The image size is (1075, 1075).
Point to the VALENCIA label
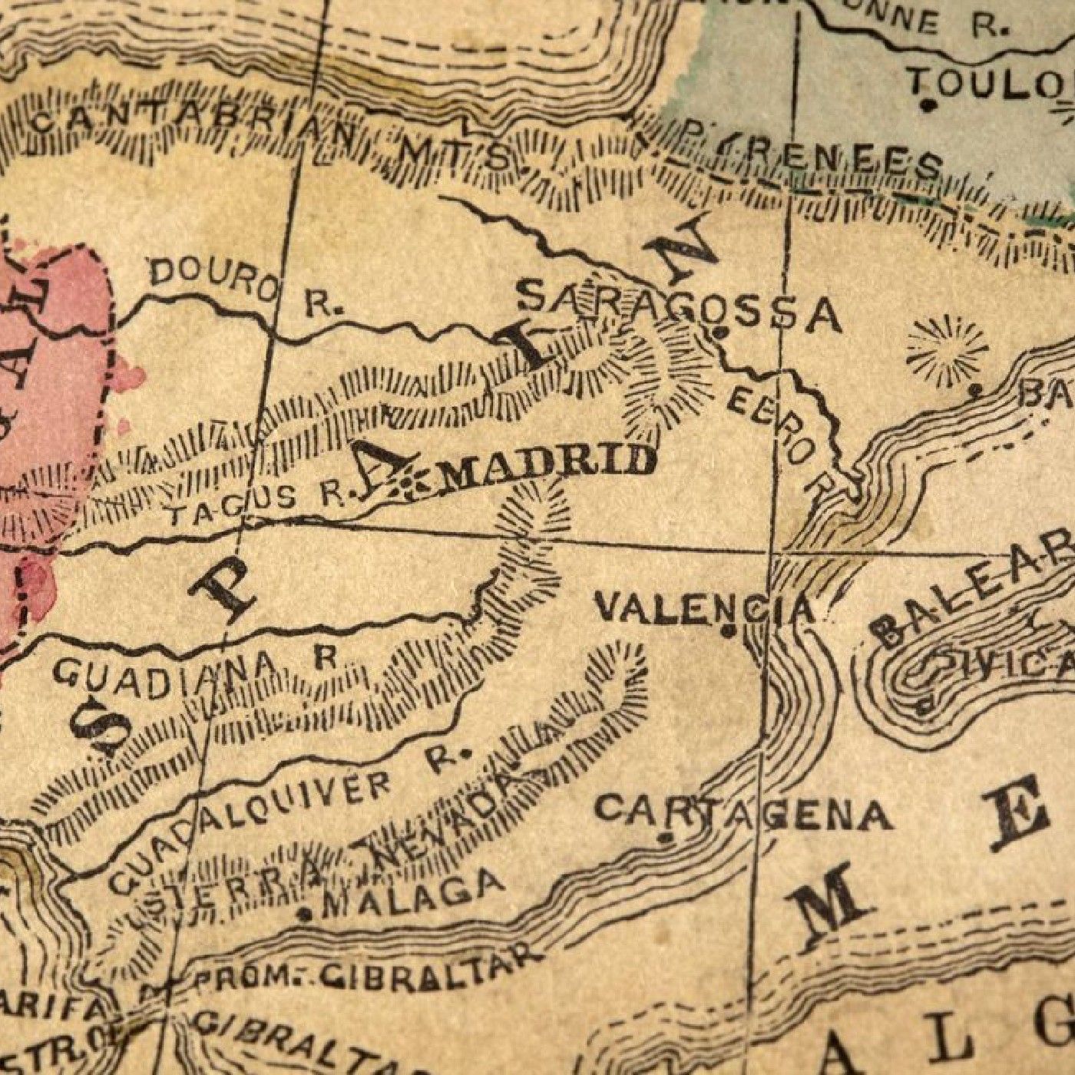[x=703, y=608]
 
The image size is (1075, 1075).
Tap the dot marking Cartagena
[x=666, y=837]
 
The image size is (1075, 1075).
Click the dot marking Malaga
[x=306, y=914]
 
